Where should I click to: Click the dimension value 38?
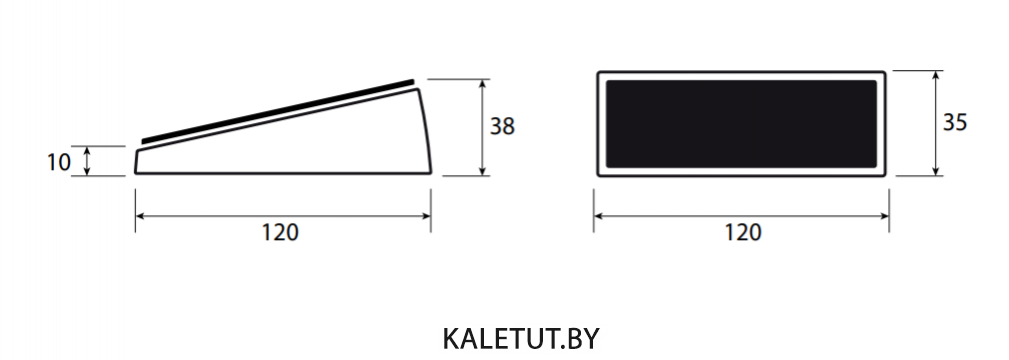click(x=502, y=127)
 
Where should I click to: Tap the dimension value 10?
click(x=59, y=162)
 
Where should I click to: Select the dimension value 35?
click(x=955, y=122)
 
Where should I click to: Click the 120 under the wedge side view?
click(x=280, y=232)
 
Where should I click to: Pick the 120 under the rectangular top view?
click(x=743, y=232)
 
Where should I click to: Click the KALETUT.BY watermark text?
click(x=521, y=339)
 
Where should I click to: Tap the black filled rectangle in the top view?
click(x=741, y=124)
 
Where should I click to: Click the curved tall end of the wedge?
click(x=426, y=131)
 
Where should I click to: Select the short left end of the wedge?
click(x=136, y=162)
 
